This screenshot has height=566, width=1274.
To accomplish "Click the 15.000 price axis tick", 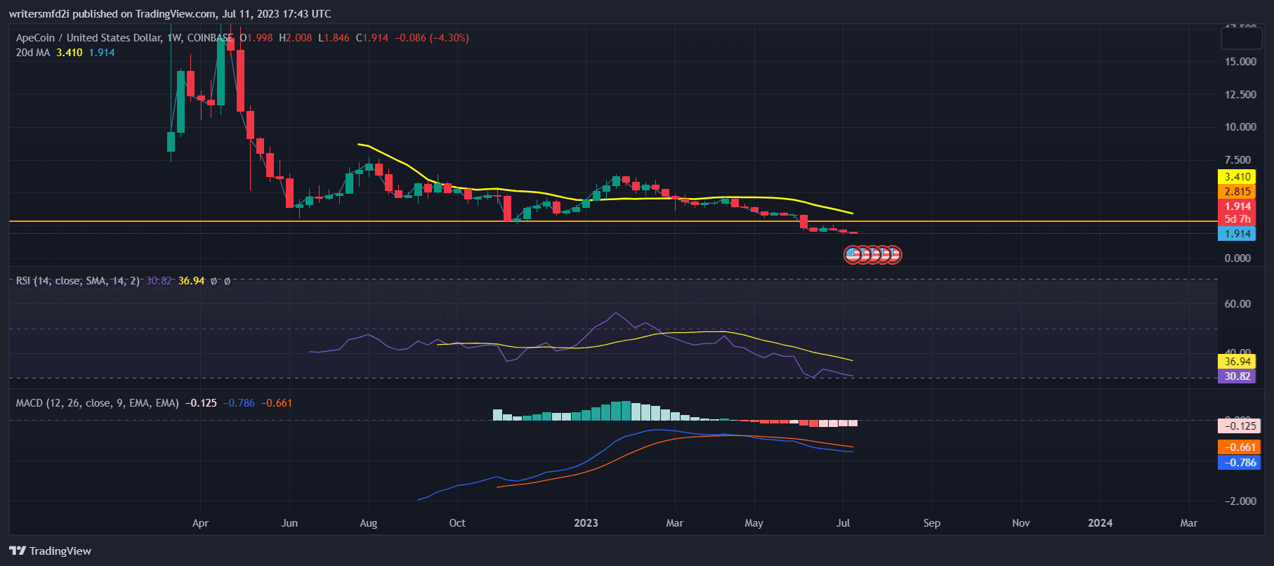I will pyautogui.click(x=1240, y=62).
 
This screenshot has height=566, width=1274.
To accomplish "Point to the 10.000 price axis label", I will pyautogui.click(x=1240, y=127).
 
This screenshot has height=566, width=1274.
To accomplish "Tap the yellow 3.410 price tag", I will pyautogui.click(x=1237, y=177).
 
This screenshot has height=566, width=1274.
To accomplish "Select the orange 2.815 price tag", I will pyautogui.click(x=1237, y=192).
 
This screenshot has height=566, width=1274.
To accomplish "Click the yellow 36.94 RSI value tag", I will pyautogui.click(x=1237, y=362).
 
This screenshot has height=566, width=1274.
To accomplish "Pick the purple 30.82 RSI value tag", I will pyautogui.click(x=1237, y=376).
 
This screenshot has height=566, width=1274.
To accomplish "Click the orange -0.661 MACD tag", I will pyautogui.click(x=1240, y=447).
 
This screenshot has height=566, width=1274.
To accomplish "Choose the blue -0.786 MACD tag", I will pyautogui.click(x=1240, y=463).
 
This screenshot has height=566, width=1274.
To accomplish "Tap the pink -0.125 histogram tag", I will pyautogui.click(x=1240, y=426).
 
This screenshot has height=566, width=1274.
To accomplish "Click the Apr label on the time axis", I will pyautogui.click(x=200, y=523).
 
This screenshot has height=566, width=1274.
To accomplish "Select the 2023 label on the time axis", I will pyautogui.click(x=586, y=523).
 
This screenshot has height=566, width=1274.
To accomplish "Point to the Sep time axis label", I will pyautogui.click(x=932, y=523).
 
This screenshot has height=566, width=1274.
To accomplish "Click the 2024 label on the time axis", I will pyautogui.click(x=1100, y=523).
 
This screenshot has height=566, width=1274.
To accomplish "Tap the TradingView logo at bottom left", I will pyautogui.click(x=51, y=551).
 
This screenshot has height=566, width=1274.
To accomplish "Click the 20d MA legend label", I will pyautogui.click(x=33, y=53).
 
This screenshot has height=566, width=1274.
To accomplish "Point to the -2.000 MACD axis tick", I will pyautogui.click(x=1240, y=501).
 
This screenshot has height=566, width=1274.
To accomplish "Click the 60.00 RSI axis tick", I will pyautogui.click(x=1237, y=304).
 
